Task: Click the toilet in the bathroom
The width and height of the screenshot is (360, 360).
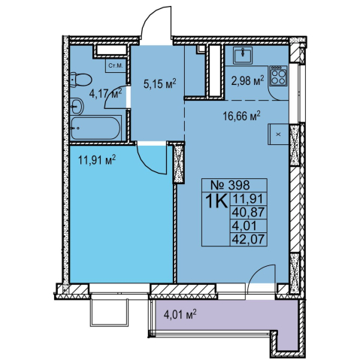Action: pyautogui.click(x=80, y=80)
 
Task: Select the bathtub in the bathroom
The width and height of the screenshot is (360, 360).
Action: pyautogui.click(x=96, y=128)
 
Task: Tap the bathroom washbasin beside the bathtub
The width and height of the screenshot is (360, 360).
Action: pyautogui.click(x=77, y=106)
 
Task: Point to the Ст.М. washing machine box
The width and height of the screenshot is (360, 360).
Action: pyautogui.click(x=116, y=66)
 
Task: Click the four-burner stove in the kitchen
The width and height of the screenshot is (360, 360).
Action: pyautogui.click(x=278, y=76)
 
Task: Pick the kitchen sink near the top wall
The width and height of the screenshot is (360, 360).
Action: pyautogui.click(x=243, y=55)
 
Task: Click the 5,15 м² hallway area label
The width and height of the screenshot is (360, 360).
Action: pyautogui.click(x=160, y=83)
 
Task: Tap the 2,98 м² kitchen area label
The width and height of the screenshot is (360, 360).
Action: pyautogui.click(x=247, y=81)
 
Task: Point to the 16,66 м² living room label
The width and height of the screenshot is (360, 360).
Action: pyautogui.click(x=242, y=116)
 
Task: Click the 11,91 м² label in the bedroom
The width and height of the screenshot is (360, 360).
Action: pyautogui.click(x=97, y=160)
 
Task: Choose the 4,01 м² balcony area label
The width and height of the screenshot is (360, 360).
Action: pyautogui.click(x=180, y=314)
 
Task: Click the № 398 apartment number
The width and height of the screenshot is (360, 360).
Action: pyautogui.click(x=230, y=185)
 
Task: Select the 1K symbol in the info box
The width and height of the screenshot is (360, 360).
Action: pyautogui.click(x=216, y=201)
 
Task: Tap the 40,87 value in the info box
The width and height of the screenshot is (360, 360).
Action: pyautogui.click(x=248, y=213)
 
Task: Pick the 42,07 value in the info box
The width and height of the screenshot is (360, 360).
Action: pyautogui.click(x=248, y=239)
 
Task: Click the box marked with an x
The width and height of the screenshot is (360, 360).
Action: pyautogui.click(x=278, y=135)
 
